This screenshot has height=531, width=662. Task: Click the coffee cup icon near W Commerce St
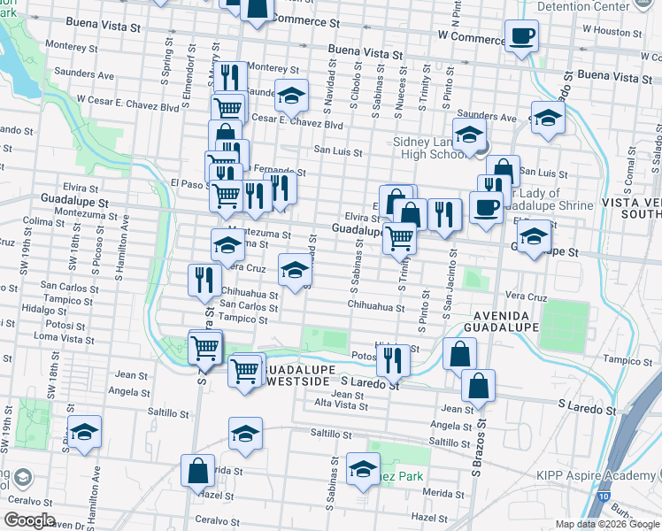tap(521, 35)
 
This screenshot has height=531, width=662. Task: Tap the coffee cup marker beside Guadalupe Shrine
tap(485, 207)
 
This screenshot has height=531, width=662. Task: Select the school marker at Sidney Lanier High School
tap(468, 135)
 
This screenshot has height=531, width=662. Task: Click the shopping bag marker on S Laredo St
tap(478, 386)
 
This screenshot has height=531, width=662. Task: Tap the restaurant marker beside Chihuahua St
tap(204, 280)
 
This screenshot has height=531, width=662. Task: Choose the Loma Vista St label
tap(64, 339)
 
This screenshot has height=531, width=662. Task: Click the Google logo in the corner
tap(30, 519)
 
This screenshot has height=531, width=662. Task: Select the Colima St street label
tap(39, 221)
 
